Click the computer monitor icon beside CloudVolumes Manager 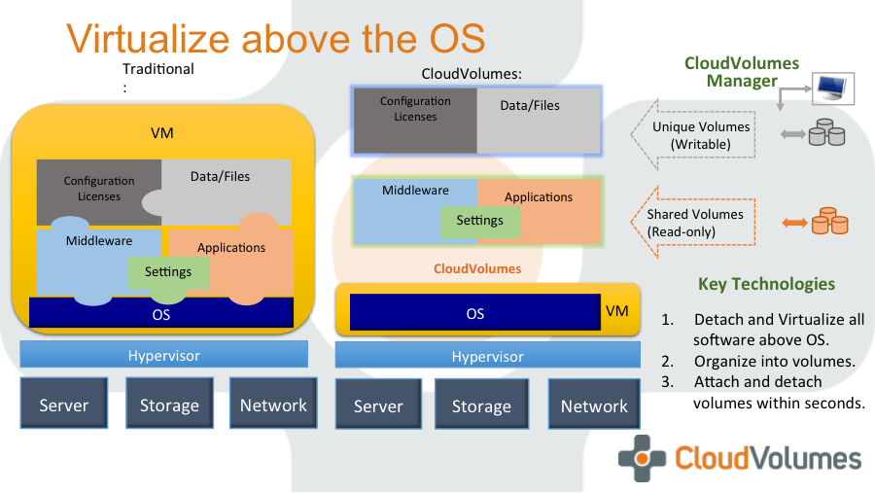pos(834,88)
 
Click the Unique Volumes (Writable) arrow pos(690,135)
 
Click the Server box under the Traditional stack pos(63,405)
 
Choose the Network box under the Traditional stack pos(273,405)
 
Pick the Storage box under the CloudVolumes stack pos(481,405)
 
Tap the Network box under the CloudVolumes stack pos(594,405)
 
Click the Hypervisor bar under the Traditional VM pos(163,355)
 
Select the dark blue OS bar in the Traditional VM pos(161,313)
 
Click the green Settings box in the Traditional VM pos(168,271)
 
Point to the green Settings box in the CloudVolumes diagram pos(480,221)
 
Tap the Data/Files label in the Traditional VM pos(220,176)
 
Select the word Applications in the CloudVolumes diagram pos(539,196)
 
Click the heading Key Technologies pos(766,284)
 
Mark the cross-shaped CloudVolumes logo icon pos(642,459)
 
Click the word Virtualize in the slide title pos(149,39)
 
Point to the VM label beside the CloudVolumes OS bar pos(617,311)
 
